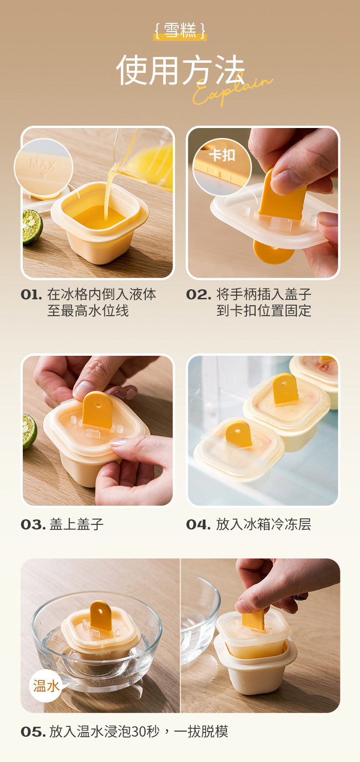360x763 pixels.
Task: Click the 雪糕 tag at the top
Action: tap(180, 31)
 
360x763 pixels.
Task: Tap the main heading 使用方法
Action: tap(180, 70)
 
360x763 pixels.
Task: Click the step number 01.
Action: tap(31, 295)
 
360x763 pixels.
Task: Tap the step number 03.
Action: tap(33, 525)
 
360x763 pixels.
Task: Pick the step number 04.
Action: tap(198, 525)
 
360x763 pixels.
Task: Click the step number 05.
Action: tap(33, 732)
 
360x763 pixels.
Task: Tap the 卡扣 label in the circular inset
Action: tap(222, 155)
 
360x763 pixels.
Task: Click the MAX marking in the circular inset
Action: tap(43, 165)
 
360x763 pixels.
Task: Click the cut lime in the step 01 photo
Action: tap(32, 226)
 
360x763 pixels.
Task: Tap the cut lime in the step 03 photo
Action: tap(30, 431)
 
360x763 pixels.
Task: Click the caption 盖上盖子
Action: tap(77, 525)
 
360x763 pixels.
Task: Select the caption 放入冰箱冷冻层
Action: tap(263, 525)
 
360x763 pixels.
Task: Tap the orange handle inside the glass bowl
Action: tap(101, 616)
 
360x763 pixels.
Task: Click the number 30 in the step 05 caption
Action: tap(138, 732)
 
